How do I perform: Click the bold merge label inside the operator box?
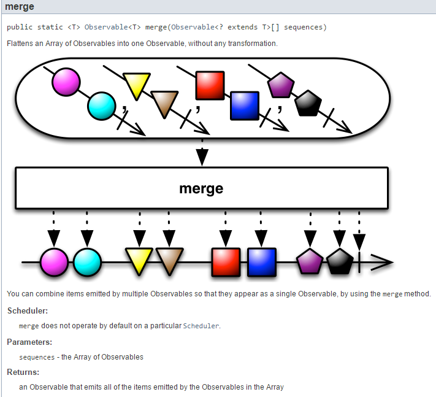[201, 188]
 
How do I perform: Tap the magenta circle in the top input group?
[66, 82]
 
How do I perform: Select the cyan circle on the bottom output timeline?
[87, 262]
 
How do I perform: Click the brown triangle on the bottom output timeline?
[167, 261]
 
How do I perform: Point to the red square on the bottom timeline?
[226, 262]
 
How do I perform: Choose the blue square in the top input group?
[245, 105]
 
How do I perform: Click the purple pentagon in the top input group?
[281, 85]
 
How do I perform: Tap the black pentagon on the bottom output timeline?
[339, 262]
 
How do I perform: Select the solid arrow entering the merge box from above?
[201, 156]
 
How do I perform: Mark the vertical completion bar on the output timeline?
[359, 262]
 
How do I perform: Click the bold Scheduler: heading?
[28, 311]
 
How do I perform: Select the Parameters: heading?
[29, 342]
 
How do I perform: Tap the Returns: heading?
[23, 372]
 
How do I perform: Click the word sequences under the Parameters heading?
[37, 357]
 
